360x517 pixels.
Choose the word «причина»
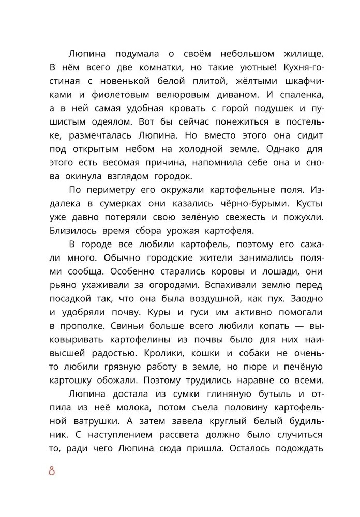coord(162,162)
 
